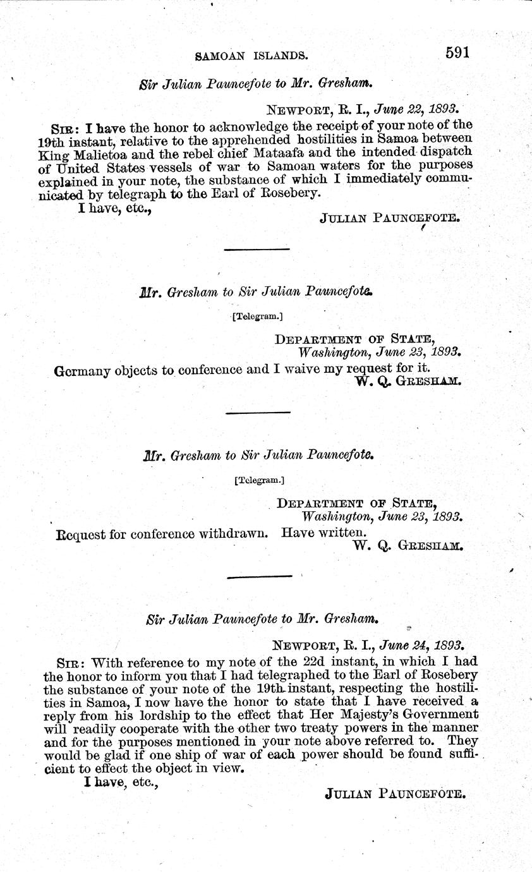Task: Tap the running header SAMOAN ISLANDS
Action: (251, 56)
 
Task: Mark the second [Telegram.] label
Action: (259, 480)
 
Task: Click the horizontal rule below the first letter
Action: (257, 250)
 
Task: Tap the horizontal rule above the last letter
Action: (259, 576)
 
